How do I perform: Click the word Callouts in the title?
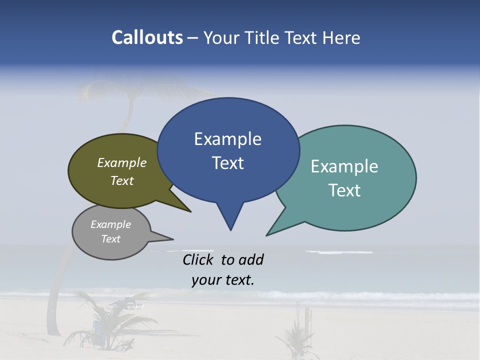[147, 37]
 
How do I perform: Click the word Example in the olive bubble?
[122, 163]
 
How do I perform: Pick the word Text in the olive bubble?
[122, 181]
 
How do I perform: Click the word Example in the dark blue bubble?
[227, 139]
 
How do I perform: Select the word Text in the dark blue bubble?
[228, 163]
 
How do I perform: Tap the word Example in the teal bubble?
[344, 166]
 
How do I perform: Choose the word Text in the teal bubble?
[345, 190]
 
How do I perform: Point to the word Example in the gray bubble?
[111, 224]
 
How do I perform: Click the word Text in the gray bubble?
[111, 239]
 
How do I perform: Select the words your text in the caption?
[223, 280]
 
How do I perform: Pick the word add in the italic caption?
[250, 259]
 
